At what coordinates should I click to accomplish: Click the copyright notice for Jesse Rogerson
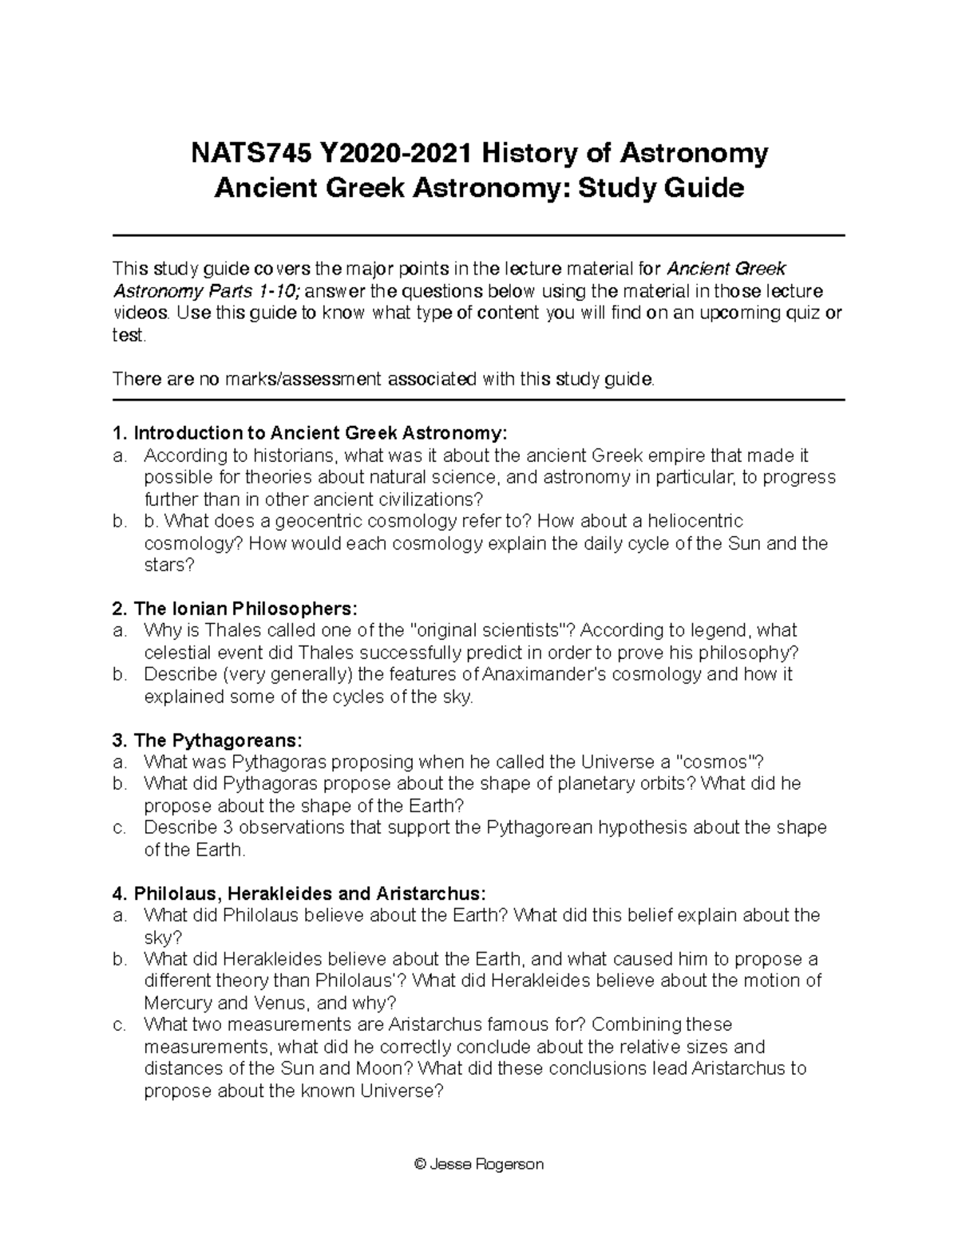(x=479, y=1164)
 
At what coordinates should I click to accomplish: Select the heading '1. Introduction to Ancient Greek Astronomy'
(x=310, y=433)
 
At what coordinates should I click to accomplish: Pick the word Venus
(x=282, y=1003)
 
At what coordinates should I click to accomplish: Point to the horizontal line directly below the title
(x=479, y=235)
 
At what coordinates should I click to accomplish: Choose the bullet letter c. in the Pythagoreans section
(x=120, y=828)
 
